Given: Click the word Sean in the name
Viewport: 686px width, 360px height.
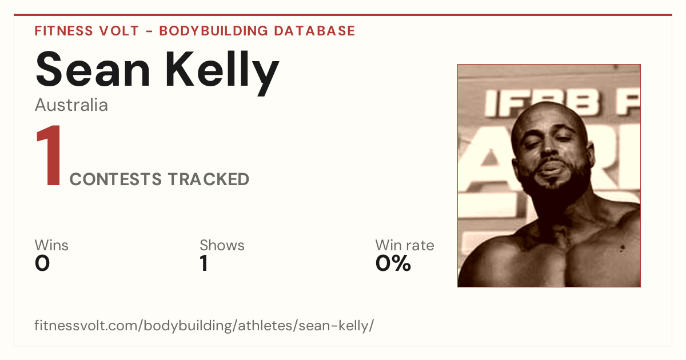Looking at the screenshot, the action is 93,69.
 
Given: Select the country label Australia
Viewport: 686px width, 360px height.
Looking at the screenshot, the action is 71,105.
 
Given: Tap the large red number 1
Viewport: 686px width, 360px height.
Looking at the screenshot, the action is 49,155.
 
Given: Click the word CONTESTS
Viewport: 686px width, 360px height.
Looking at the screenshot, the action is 115,179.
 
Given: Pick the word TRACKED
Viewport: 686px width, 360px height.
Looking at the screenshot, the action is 209,179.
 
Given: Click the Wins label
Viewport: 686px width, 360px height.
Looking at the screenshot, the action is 51,245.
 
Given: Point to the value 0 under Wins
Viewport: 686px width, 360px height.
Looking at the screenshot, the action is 42,263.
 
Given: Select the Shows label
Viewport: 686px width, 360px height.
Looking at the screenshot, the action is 222,245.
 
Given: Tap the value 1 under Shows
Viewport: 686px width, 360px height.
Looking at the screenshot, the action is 204,263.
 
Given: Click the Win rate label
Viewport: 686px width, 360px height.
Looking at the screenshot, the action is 405,245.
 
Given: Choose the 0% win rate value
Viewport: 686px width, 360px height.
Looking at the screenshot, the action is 393,263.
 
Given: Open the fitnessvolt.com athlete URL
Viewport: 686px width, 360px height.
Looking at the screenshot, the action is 204,325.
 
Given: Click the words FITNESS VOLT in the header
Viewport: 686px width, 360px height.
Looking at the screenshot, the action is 87,31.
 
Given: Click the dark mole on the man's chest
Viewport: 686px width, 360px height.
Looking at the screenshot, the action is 622,248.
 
